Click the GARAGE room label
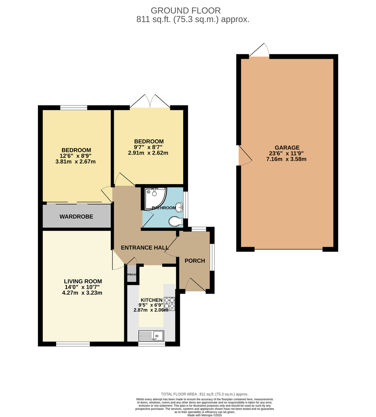(287, 148)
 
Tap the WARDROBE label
(76, 217)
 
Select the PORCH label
(195, 261)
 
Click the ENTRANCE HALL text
(145, 248)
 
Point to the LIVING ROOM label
(83, 281)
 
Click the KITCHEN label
(151, 300)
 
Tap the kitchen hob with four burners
(170, 303)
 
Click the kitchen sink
(151, 336)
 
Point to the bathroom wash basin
(179, 207)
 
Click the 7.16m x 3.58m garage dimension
(287, 160)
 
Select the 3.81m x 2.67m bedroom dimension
(75, 162)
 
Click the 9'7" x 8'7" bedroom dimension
(149, 147)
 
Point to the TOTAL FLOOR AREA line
(205, 394)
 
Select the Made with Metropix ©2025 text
(205, 415)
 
